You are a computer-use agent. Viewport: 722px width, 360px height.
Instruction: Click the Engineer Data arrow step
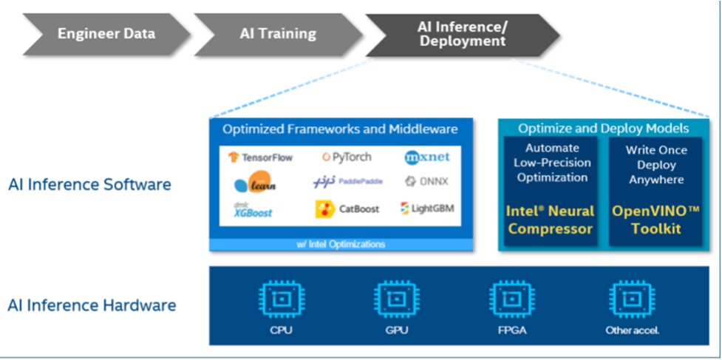[x=106, y=34]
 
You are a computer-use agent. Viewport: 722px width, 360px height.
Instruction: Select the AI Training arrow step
[x=277, y=34]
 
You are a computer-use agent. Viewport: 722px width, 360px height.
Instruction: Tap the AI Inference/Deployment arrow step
[x=462, y=34]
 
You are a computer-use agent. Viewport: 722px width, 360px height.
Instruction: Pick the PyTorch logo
[x=347, y=157]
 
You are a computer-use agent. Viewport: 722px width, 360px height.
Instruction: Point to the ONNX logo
[x=426, y=181]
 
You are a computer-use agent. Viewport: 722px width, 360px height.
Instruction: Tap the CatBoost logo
[x=347, y=209]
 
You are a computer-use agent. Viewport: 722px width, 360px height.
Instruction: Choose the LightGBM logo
[x=426, y=209]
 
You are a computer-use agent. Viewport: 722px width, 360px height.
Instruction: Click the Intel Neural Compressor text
[x=551, y=220]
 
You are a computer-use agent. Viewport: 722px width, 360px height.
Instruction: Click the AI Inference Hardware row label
[x=92, y=305]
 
